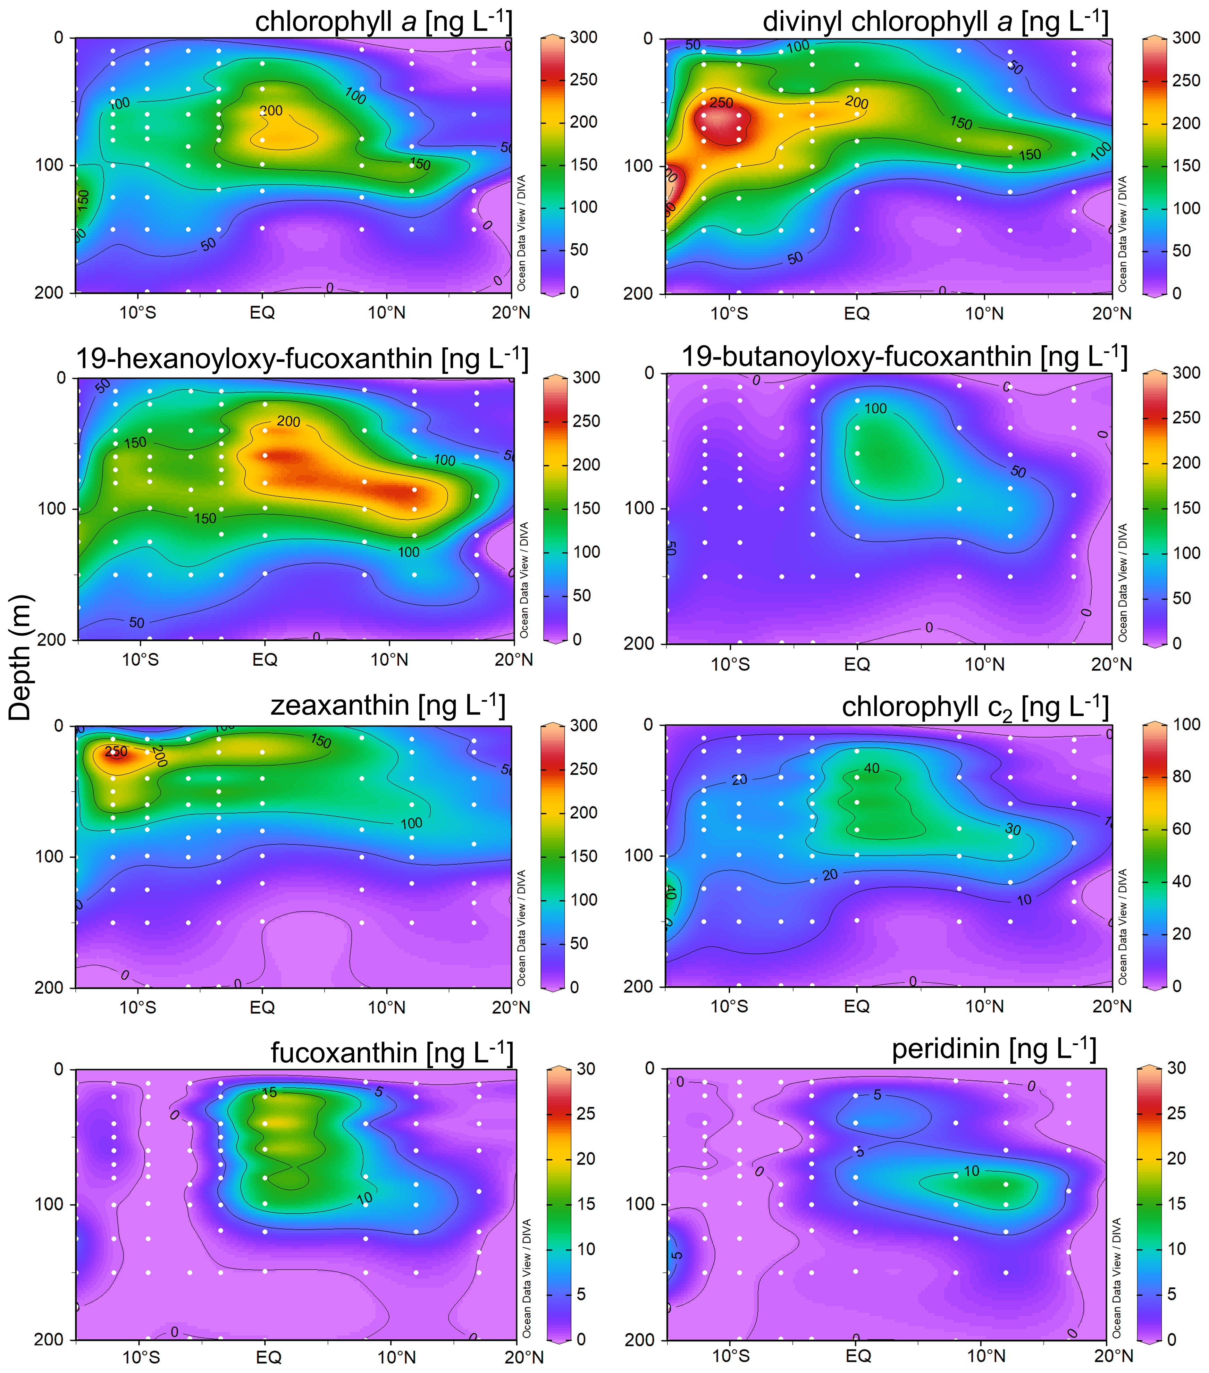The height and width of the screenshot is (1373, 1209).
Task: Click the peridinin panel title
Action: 994,1048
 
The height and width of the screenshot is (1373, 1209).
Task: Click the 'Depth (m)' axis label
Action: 20,658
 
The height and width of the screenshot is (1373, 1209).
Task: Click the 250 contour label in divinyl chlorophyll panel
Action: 721,103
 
